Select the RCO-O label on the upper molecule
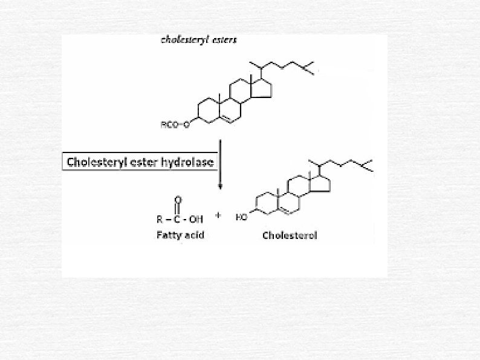tap(175, 126)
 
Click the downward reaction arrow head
tap(220, 186)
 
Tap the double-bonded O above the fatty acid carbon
tap(178, 199)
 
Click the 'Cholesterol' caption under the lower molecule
tap(290, 235)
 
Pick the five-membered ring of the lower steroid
tap(321, 185)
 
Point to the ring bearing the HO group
tap(265, 205)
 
